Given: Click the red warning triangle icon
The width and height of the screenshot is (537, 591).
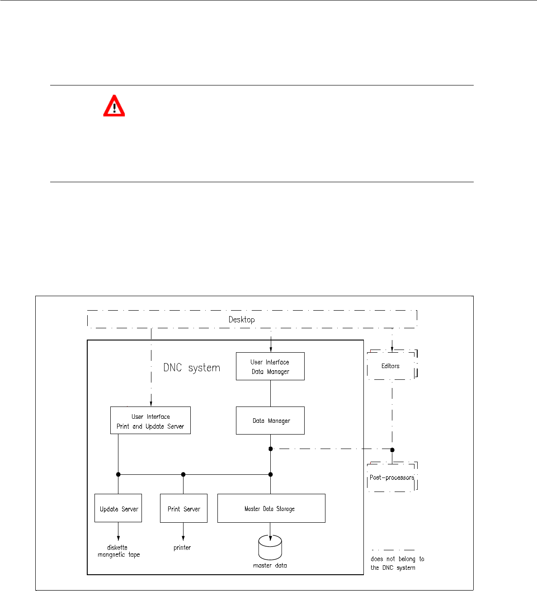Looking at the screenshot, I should click(x=114, y=106).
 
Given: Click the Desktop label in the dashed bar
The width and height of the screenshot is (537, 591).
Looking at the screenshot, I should click(x=241, y=320).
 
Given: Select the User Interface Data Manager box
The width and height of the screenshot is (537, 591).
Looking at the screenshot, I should click(x=270, y=366).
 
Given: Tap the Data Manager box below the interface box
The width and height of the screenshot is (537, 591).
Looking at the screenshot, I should click(x=270, y=421).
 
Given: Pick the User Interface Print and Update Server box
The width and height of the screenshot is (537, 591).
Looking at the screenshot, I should click(x=151, y=421).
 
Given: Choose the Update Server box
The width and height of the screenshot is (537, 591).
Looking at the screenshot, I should click(x=118, y=508).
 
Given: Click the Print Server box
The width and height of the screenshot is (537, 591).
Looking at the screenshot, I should click(x=184, y=508).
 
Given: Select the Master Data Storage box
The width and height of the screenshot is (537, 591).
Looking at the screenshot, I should click(x=271, y=508).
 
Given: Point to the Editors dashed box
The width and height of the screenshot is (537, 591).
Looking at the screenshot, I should click(x=391, y=365).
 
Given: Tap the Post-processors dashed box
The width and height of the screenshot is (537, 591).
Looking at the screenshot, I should click(x=391, y=478).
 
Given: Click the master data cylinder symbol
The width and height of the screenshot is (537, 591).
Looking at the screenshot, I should click(x=270, y=547).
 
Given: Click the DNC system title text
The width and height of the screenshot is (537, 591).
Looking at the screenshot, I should click(x=192, y=368).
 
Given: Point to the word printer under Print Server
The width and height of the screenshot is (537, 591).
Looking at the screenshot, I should click(x=182, y=548).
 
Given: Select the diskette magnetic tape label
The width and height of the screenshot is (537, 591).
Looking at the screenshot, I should click(x=118, y=551).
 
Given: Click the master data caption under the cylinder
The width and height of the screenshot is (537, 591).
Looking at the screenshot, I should click(x=270, y=565).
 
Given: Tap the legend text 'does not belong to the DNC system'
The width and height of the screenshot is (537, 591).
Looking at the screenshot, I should click(x=397, y=563).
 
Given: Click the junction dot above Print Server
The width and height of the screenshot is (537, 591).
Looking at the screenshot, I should click(x=183, y=474).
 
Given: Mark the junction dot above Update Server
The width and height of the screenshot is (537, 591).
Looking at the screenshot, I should click(x=118, y=474).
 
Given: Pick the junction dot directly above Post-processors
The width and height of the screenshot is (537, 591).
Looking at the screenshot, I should click(x=392, y=449).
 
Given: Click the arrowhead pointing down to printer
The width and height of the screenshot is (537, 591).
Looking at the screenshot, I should click(x=183, y=538).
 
